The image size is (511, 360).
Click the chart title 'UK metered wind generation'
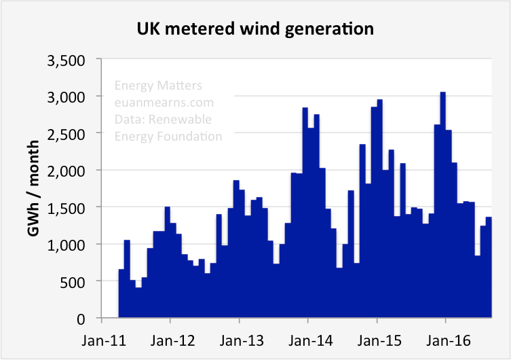[255, 29]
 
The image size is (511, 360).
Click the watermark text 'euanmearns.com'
[164, 103]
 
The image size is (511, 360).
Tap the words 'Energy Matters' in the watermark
[158, 86]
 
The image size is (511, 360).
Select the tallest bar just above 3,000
[442, 204]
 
